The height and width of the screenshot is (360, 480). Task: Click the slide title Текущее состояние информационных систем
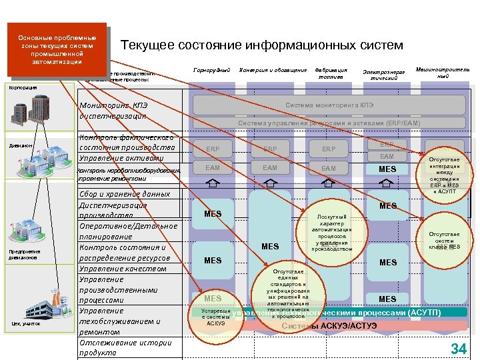tap(262, 45)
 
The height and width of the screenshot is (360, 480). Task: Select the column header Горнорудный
tap(211, 70)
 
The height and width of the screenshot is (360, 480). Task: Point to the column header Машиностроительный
tap(443, 73)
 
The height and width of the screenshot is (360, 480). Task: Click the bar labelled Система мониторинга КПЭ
tap(329, 105)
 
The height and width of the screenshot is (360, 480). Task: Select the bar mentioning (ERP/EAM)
tap(329, 123)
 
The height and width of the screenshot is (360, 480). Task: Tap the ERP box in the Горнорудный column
tap(213, 149)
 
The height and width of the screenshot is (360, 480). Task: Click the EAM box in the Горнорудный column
tap(213, 168)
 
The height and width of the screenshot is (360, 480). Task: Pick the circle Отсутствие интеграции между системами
tap(444, 175)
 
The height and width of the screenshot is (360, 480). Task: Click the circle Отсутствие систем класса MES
tap(444, 241)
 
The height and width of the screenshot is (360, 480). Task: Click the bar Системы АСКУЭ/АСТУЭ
tap(329, 325)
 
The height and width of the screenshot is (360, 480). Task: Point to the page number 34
tap(459, 348)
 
